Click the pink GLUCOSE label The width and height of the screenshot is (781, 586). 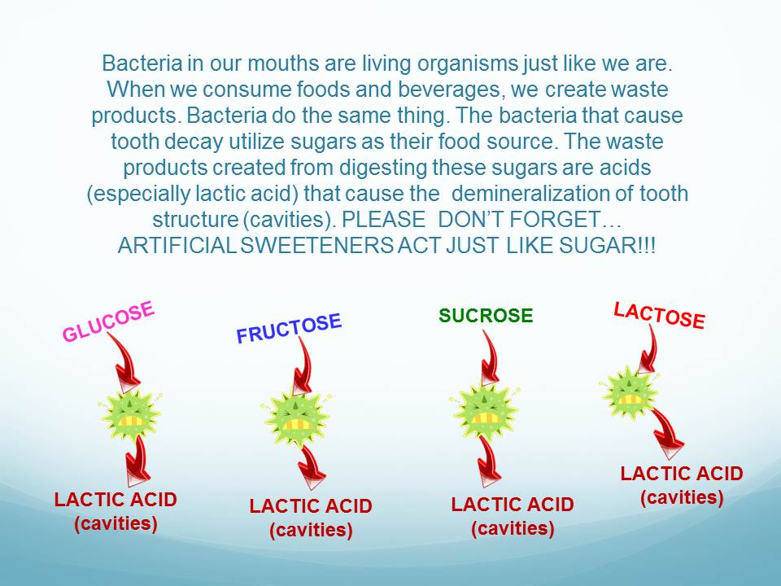click(x=108, y=322)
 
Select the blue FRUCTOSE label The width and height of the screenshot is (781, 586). click(x=289, y=328)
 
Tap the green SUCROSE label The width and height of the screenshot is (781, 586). click(x=486, y=316)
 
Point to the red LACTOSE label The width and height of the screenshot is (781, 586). click(x=659, y=316)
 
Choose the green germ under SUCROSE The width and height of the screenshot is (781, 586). click(x=485, y=412)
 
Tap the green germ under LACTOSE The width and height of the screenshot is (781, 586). click(x=630, y=391)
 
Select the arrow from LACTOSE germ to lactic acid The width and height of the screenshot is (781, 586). click(x=666, y=431)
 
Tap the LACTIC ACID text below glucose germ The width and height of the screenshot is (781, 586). click(x=116, y=500)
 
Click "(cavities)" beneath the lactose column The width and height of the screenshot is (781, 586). click(x=682, y=497)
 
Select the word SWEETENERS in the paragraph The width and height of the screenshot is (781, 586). click(x=316, y=246)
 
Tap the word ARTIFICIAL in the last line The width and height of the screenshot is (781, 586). click(x=177, y=246)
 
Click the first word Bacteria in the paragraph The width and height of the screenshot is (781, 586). click(x=142, y=63)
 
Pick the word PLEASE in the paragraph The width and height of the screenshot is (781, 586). click(x=384, y=220)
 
